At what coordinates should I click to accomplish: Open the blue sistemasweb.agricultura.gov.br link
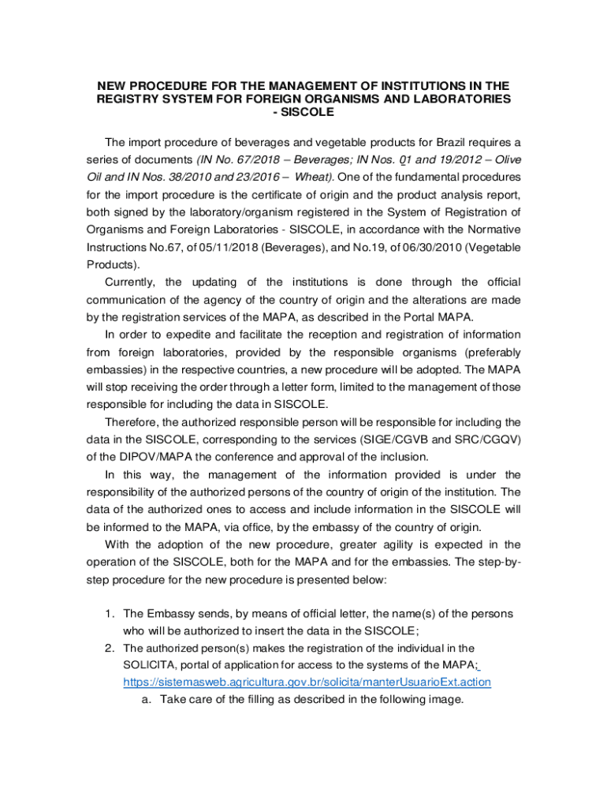[x=307, y=682]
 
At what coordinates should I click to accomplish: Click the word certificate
[x=296, y=194]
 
